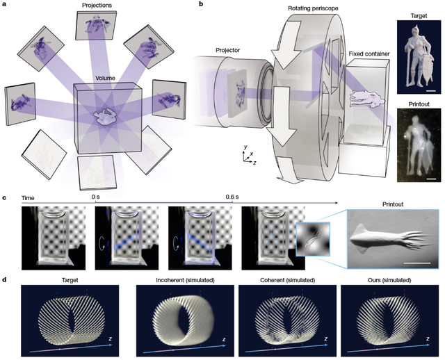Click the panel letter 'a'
[6, 5]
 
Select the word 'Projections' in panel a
[96, 5]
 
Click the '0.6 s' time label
[230, 197]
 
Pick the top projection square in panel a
[96, 26]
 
